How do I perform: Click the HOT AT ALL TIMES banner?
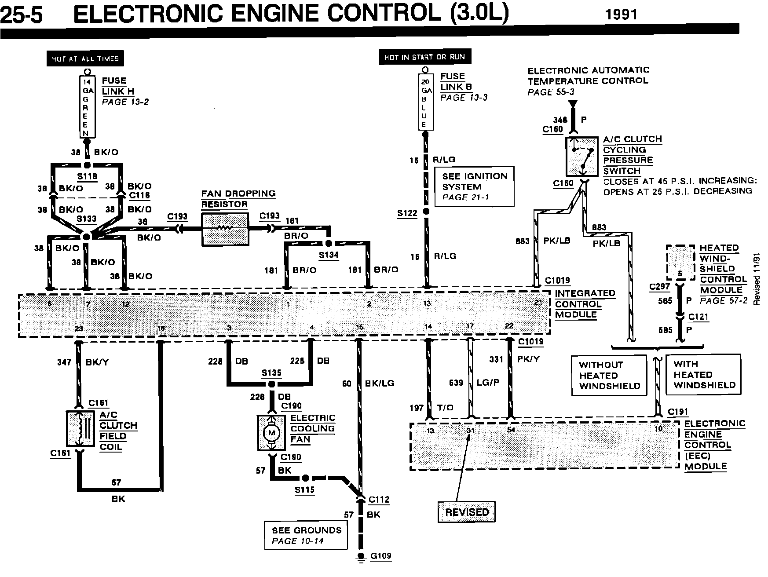point(85,58)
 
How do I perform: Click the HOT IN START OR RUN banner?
point(424,57)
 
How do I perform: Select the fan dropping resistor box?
point(224,229)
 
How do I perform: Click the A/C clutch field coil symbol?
point(80,428)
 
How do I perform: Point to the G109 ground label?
point(380,556)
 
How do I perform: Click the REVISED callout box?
point(467,512)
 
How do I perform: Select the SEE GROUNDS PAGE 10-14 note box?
point(306,535)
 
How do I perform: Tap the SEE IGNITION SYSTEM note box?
point(474,186)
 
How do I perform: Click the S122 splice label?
point(407,213)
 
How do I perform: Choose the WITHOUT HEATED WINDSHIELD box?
point(610,375)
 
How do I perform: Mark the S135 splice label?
point(271,373)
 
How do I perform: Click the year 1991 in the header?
point(621,15)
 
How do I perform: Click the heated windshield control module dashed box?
point(680,263)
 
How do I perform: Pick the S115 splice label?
point(304,490)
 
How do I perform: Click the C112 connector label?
point(379,500)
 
